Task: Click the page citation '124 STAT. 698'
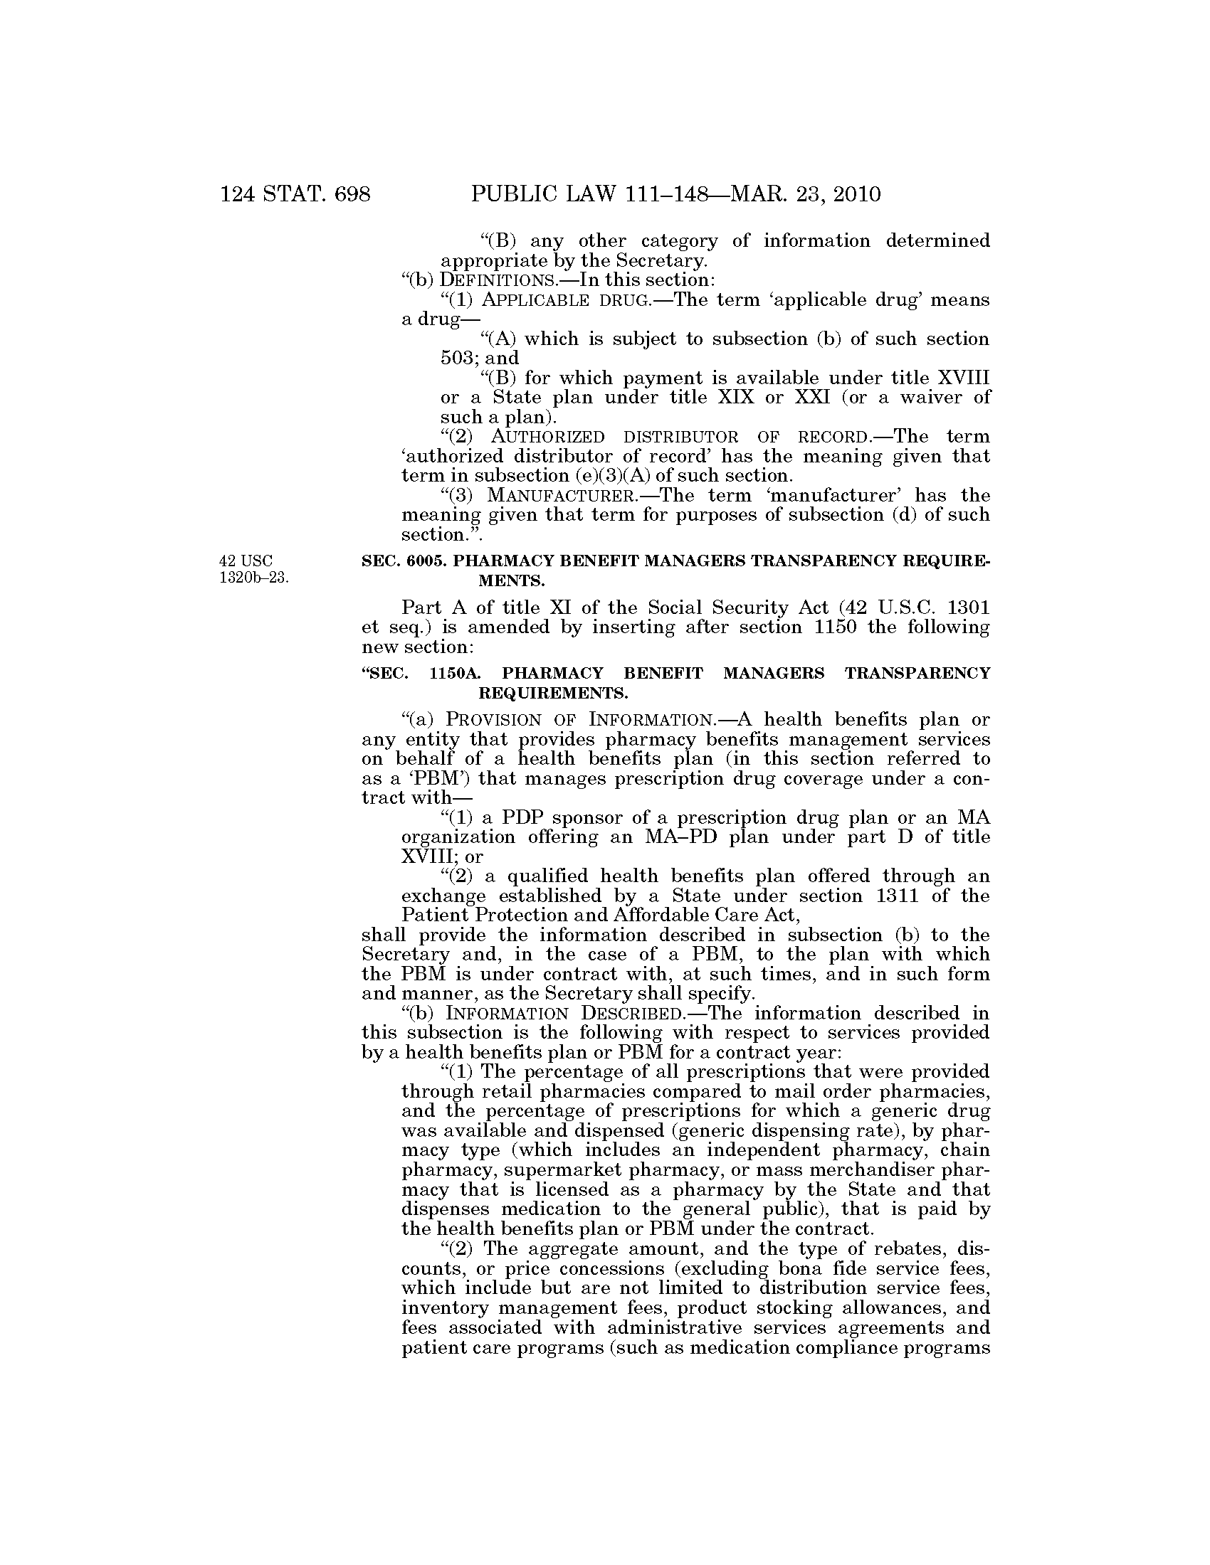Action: click(x=295, y=193)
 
